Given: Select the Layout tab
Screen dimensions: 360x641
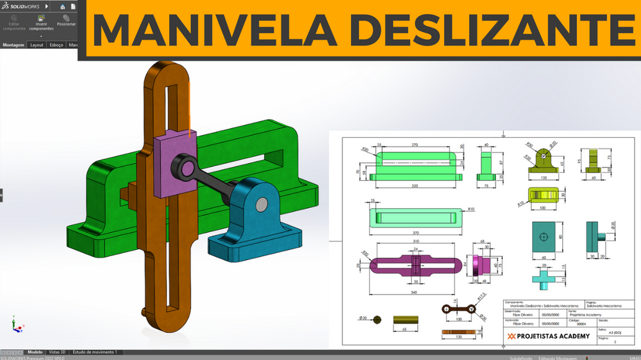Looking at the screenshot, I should (x=37, y=45).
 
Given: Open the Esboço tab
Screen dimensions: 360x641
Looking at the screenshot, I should (x=56, y=45).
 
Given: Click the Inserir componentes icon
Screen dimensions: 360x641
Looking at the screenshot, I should (x=42, y=22).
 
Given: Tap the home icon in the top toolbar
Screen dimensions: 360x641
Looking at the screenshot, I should (x=63, y=6).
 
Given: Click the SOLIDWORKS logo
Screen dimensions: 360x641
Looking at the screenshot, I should (x=22, y=6).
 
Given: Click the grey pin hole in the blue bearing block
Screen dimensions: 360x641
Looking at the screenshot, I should (x=260, y=204).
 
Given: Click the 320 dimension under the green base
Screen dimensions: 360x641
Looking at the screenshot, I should (x=414, y=186).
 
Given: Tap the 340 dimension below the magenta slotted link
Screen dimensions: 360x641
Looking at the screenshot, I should (x=414, y=291).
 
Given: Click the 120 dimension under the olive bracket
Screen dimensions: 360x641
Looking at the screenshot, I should (x=544, y=177).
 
